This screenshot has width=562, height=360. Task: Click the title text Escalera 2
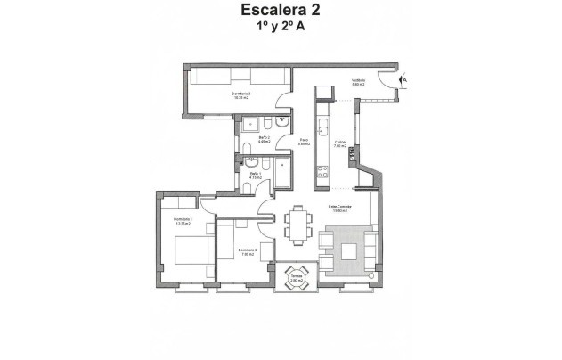tap(280, 11)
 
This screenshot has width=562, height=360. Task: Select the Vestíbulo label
tap(358, 82)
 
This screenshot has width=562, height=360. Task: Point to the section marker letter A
tap(403, 80)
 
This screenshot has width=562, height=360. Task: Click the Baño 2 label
tap(265, 138)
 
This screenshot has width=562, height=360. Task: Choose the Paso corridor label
tap(304, 141)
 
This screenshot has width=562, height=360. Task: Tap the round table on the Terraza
tap(296, 274)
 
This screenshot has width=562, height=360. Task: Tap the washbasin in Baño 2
tap(281, 122)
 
